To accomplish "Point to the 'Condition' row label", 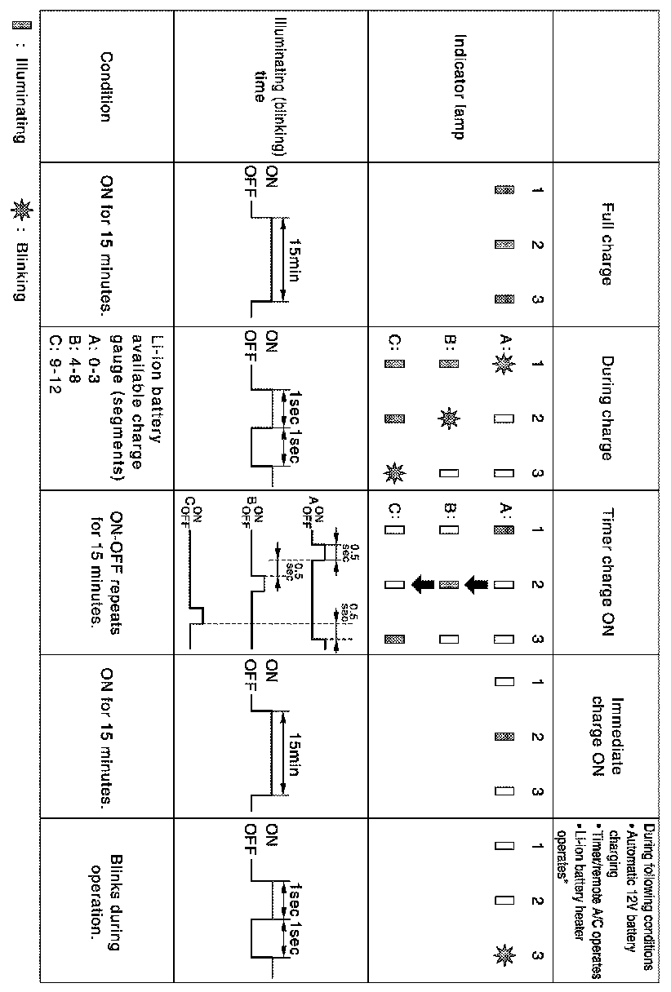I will tap(105, 86).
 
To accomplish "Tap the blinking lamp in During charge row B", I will tap(448, 419).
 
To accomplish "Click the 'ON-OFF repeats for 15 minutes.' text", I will tap(106, 571).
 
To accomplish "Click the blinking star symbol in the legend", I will tap(19, 213).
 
